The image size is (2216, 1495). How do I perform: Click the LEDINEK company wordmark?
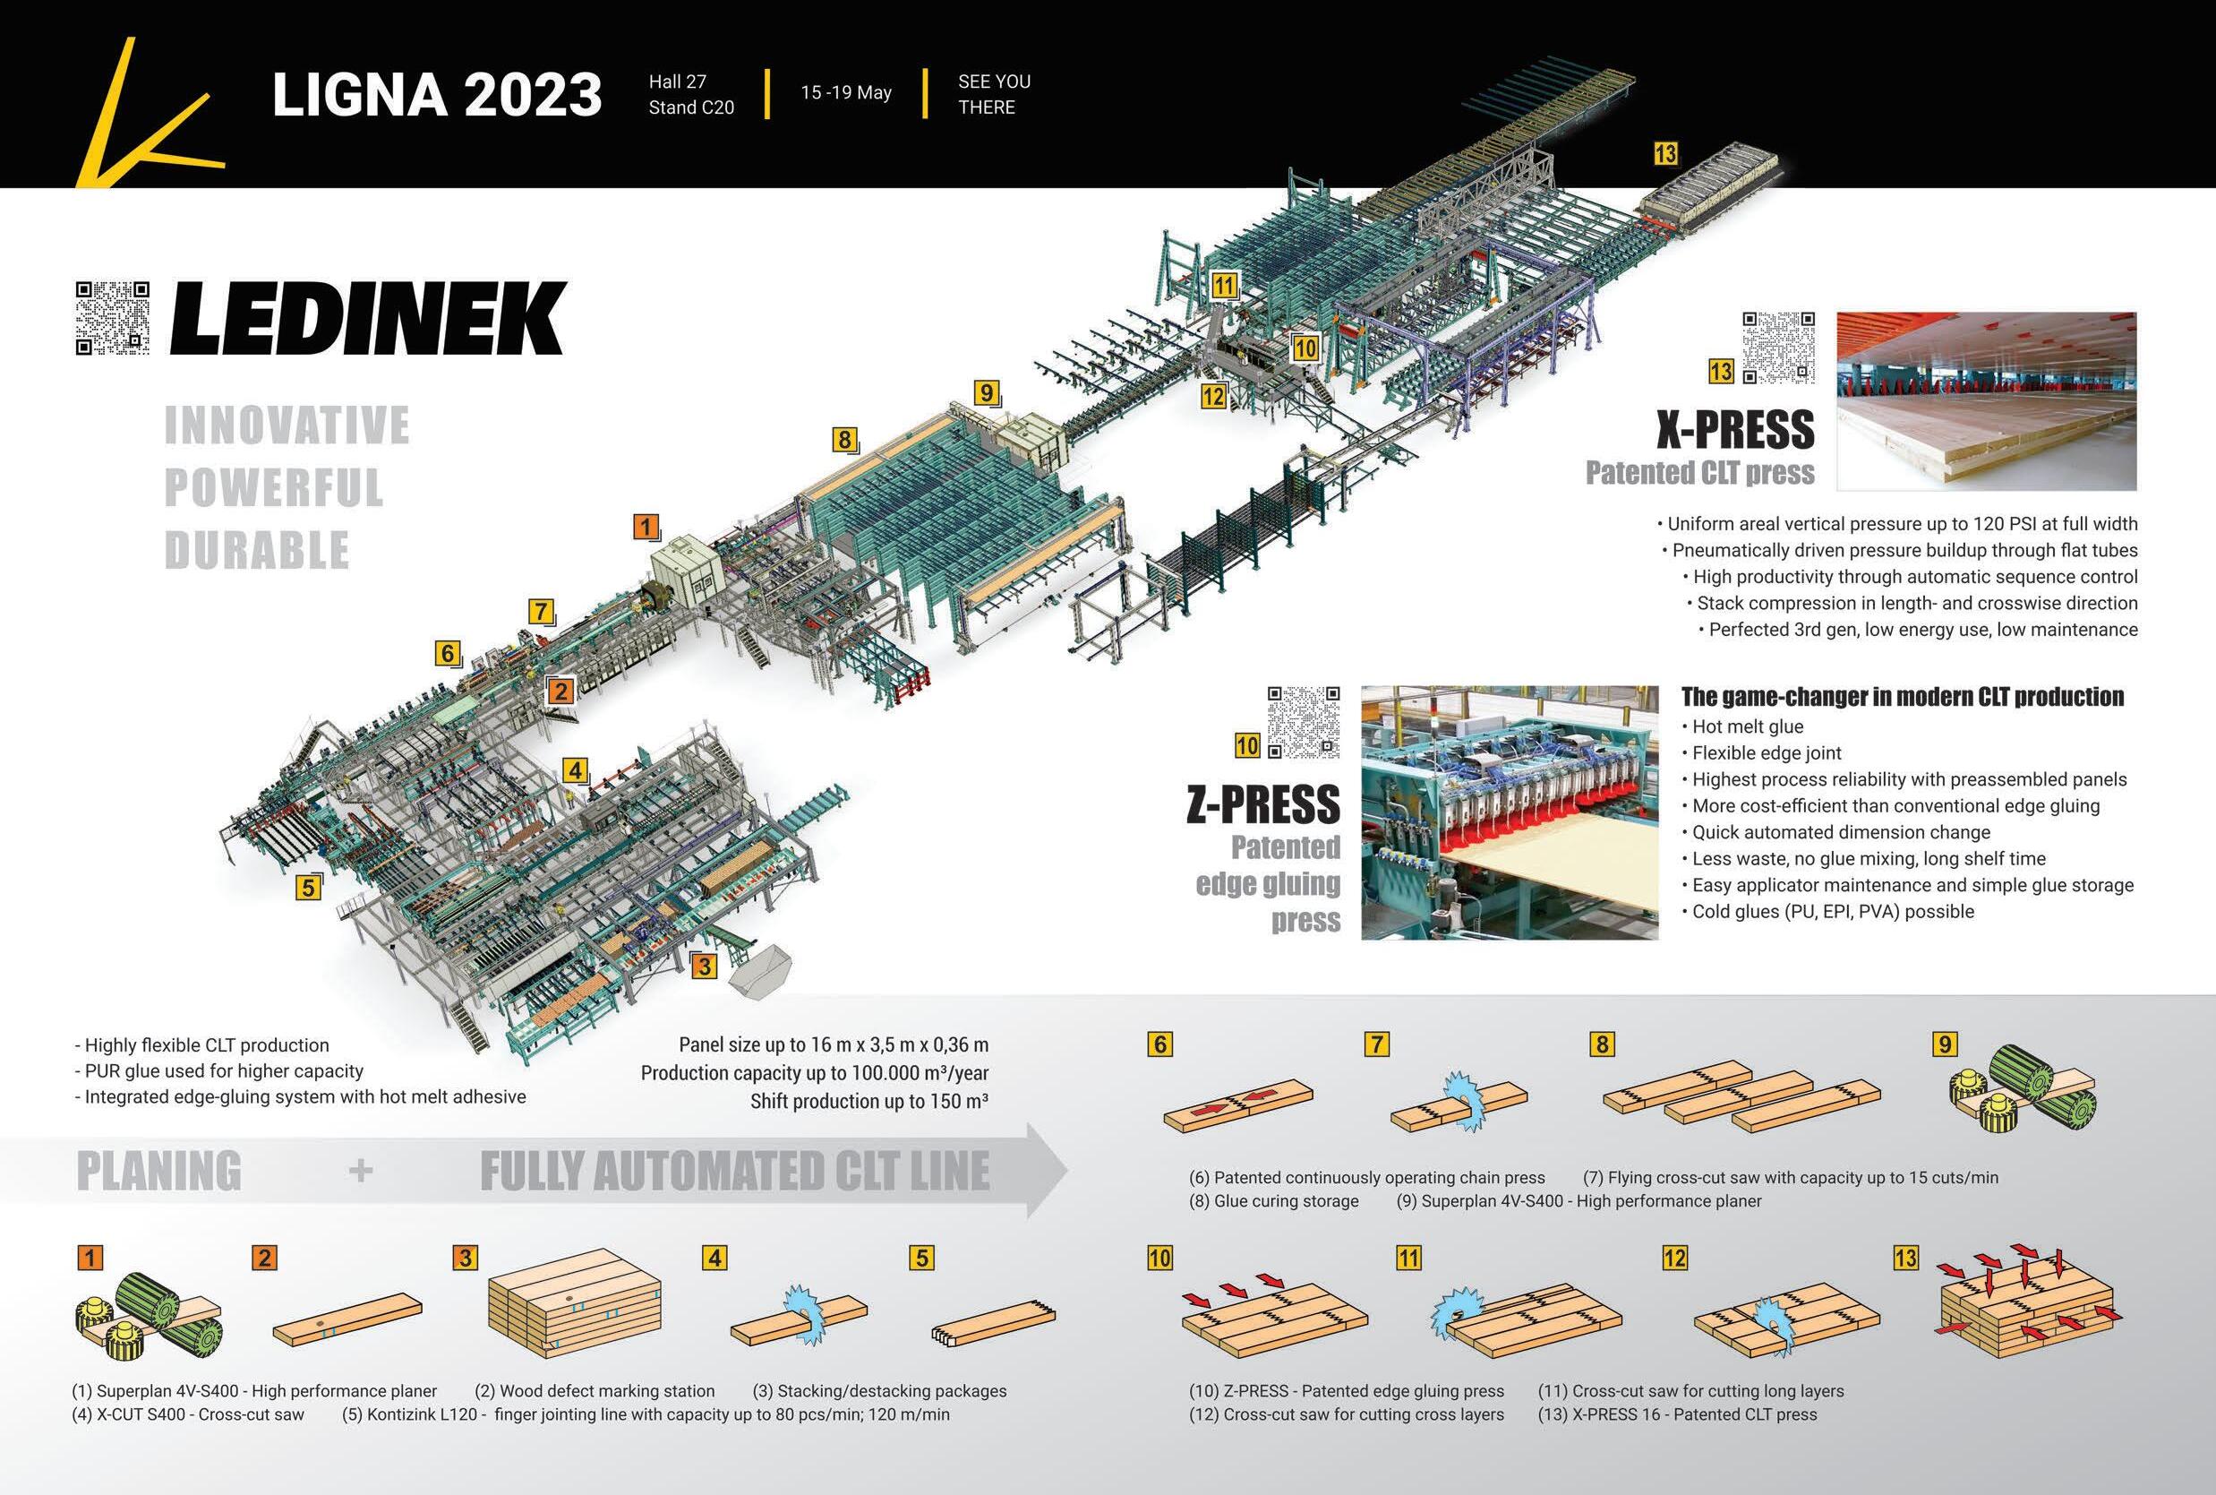point(368,320)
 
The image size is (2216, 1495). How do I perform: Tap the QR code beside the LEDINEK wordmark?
point(113,319)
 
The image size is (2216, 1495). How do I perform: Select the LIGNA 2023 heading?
point(437,94)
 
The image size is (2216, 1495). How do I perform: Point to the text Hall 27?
point(677,82)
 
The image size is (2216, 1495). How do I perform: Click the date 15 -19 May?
point(845,92)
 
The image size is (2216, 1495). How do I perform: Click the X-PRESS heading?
point(1734,430)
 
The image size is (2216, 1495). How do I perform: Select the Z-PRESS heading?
point(1262,805)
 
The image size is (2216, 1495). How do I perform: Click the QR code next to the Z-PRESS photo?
point(1304,722)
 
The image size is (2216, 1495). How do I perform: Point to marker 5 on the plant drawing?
point(307,888)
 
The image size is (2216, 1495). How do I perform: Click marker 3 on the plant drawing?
point(704,967)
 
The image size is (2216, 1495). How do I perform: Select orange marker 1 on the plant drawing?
point(646,527)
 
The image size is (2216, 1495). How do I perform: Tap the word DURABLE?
point(256,551)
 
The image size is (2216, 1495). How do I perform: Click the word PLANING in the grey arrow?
point(158,1172)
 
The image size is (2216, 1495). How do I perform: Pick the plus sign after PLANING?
point(360,1172)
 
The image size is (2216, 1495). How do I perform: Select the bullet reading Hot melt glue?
point(1747,726)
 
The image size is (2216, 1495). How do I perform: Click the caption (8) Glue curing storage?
point(1273,1201)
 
